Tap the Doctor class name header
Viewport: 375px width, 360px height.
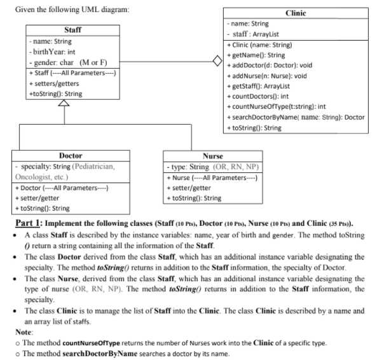(69, 155)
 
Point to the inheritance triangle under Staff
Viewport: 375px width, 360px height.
(64, 106)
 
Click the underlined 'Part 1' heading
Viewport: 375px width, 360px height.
(33, 223)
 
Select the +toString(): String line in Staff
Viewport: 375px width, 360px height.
(57, 94)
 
